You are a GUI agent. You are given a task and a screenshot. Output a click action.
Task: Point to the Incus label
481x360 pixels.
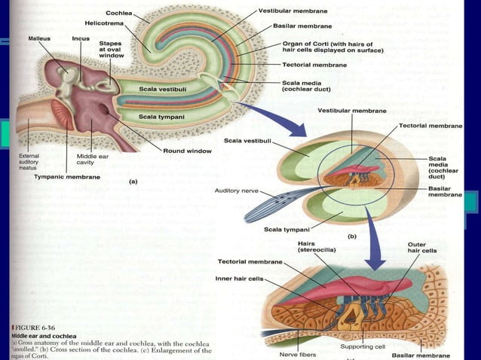point(81,37)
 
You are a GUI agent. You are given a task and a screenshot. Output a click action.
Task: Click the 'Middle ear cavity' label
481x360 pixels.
point(91,160)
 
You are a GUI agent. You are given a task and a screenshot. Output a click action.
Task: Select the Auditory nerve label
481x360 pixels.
point(237,191)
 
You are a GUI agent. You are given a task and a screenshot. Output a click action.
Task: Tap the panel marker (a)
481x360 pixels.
point(133,181)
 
